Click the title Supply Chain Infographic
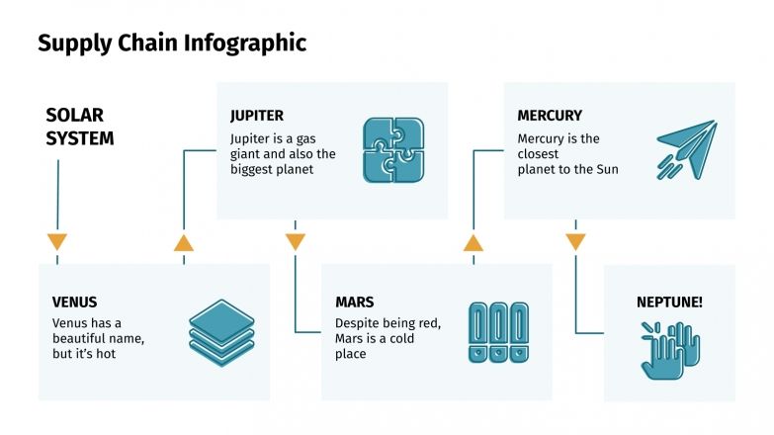point(172,43)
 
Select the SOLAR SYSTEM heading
point(80,128)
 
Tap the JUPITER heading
point(257,116)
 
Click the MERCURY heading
point(550,116)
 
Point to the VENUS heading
point(75,302)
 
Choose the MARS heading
point(355,302)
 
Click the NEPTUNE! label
point(669,302)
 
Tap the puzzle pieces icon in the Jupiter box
point(393,150)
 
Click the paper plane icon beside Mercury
point(686,149)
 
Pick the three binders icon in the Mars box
point(497,332)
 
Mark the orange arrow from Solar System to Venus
point(57,242)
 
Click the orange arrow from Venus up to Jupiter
point(184,242)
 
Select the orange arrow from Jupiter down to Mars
point(295,242)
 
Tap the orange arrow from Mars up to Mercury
point(473,242)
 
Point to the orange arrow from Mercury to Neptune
point(575,242)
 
